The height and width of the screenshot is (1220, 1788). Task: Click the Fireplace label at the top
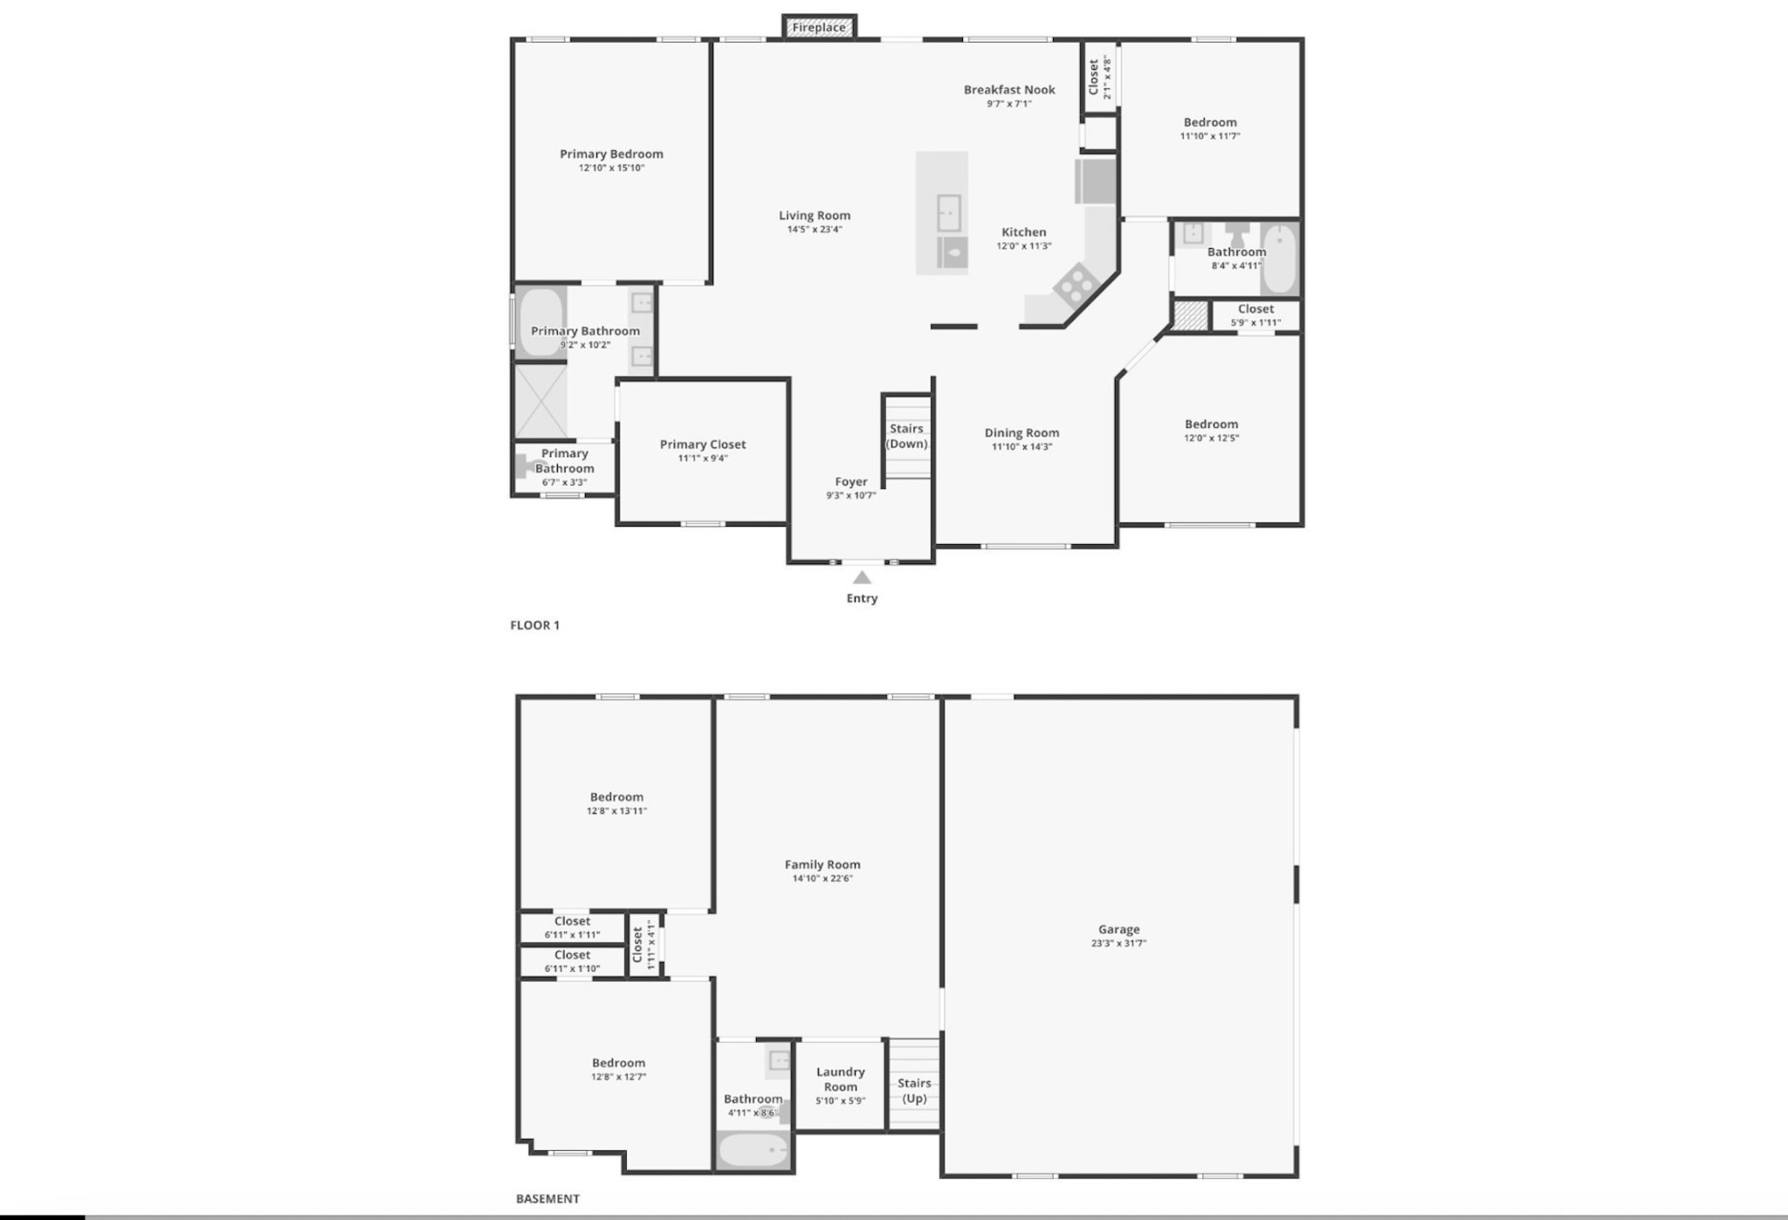(x=818, y=28)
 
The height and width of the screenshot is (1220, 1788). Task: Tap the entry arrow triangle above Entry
(x=862, y=578)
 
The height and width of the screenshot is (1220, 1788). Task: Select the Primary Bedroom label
(x=611, y=155)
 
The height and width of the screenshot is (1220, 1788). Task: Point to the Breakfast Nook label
(x=1009, y=90)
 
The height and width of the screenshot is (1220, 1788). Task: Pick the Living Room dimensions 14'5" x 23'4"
(x=815, y=230)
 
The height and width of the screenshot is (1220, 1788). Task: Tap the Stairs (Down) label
(x=906, y=436)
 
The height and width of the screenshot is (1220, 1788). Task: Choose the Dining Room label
(x=1021, y=433)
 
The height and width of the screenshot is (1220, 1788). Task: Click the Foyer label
(x=851, y=482)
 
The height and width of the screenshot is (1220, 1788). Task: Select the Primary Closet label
(x=703, y=445)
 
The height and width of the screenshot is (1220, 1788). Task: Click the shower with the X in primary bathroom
(x=540, y=402)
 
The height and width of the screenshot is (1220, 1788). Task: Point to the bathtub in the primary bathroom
(x=540, y=321)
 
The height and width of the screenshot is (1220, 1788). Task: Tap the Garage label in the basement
(x=1118, y=930)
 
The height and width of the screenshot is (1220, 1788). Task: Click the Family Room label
(x=822, y=865)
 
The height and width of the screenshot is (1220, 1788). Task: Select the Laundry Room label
(x=840, y=1079)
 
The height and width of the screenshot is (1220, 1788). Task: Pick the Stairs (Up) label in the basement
(x=914, y=1091)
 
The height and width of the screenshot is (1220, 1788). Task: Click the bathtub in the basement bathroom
(x=753, y=1150)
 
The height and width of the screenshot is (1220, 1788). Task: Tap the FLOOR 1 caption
(x=535, y=625)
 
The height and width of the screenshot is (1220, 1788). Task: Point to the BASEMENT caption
(x=547, y=1199)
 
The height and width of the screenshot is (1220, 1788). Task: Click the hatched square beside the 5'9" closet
(x=1189, y=315)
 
